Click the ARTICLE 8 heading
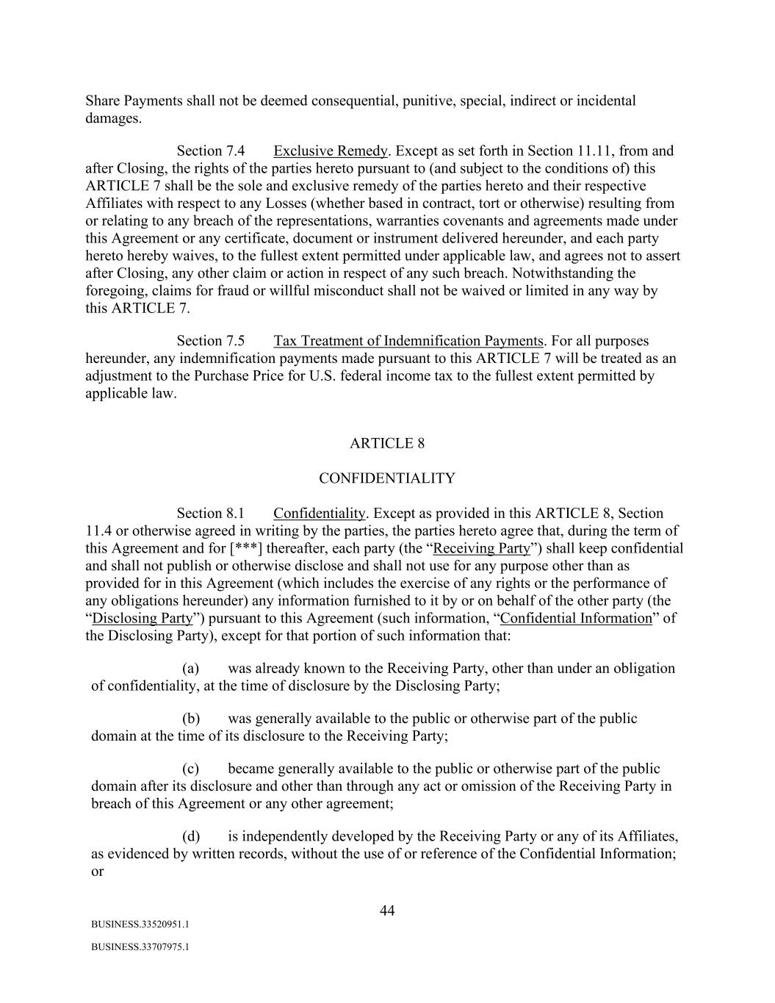[386, 443]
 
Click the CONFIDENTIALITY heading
[386, 478]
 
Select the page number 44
[387, 911]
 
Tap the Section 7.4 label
[210, 151]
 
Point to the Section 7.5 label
[210, 341]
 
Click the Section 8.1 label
[210, 514]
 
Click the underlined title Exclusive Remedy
[330, 151]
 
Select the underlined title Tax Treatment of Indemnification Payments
[408, 341]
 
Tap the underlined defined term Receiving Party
[481, 548]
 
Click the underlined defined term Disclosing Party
[143, 618]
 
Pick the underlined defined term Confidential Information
[576, 618]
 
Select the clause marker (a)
[191, 669]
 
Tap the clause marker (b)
[191, 719]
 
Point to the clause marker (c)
[191, 769]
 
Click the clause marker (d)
[191, 836]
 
